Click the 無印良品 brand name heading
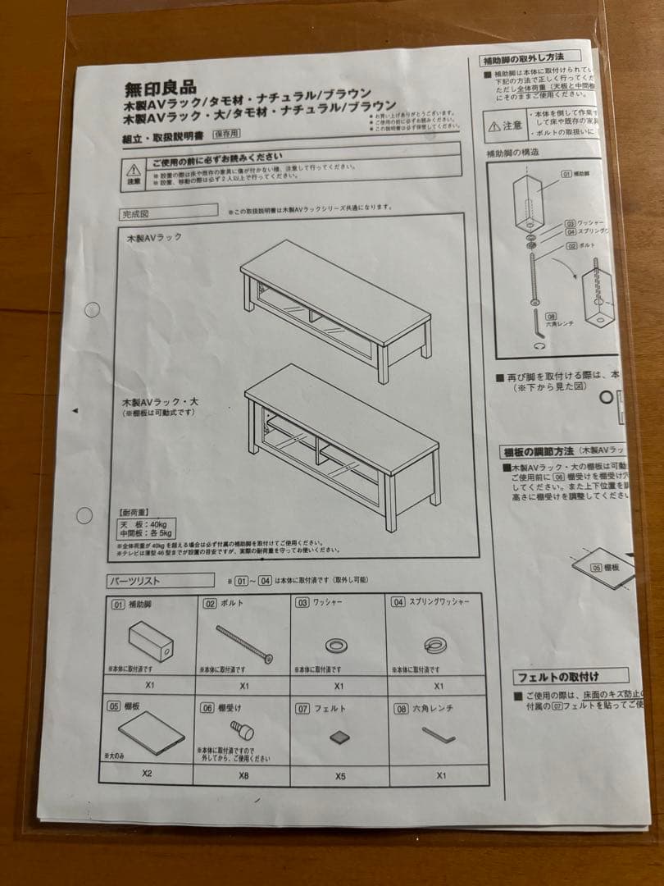pos(161,88)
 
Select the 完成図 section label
pos(134,214)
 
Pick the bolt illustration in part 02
pos(244,642)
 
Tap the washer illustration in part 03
pos(337,644)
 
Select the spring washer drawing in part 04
pos(434,645)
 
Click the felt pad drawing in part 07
pos(339,736)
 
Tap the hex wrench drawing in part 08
pos(439,735)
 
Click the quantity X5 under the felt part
pos(339,774)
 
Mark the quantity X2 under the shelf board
pos(148,773)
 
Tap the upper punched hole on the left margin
pos(93,309)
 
